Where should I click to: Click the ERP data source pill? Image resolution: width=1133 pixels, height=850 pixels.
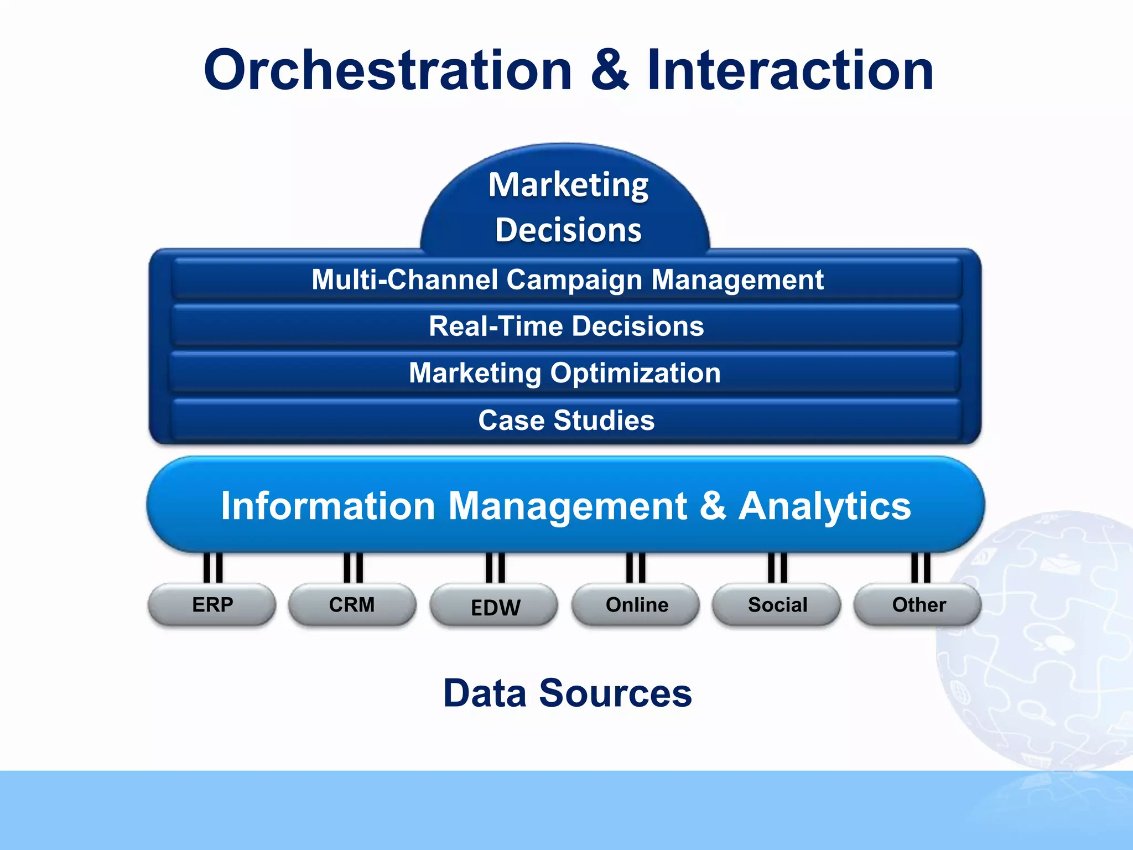pos(212,605)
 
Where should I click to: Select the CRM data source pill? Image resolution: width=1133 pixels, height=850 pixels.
pos(352,605)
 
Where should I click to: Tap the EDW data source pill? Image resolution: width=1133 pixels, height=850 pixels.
pos(495,607)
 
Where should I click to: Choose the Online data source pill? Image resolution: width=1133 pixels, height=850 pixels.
pos(636,605)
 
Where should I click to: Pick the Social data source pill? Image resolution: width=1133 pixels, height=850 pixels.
pos(777,605)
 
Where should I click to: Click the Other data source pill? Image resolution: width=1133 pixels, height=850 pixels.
pos(918,605)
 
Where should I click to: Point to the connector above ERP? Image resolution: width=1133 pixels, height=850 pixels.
pos(213,567)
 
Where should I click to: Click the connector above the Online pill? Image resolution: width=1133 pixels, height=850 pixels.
pos(636,567)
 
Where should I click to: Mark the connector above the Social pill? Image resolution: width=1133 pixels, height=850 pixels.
pos(777,567)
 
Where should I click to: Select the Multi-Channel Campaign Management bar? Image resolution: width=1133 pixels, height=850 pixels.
pos(566,279)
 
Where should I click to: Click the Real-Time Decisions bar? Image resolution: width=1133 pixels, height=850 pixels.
pos(566,326)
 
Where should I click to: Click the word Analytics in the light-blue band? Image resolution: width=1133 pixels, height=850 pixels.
pos(824,506)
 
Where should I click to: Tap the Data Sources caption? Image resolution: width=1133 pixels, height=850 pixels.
pos(568,693)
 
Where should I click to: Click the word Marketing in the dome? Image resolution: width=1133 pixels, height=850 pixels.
pos(568,185)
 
